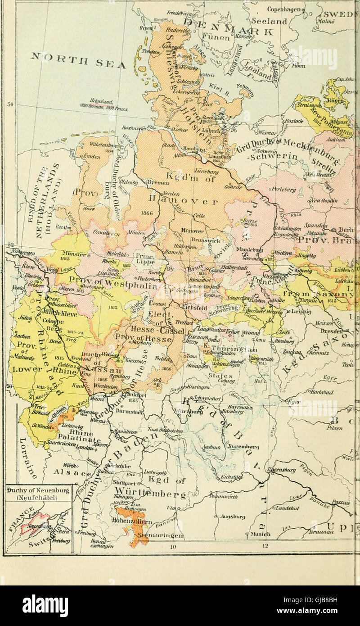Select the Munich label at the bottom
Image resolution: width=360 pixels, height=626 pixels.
(261, 534)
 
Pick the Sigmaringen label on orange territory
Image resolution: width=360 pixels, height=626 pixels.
(162, 536)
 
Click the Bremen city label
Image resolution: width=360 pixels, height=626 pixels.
(160, 183)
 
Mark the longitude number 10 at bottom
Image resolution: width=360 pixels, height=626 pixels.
(173, 547)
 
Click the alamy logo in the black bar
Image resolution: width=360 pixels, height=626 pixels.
(45, 605)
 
